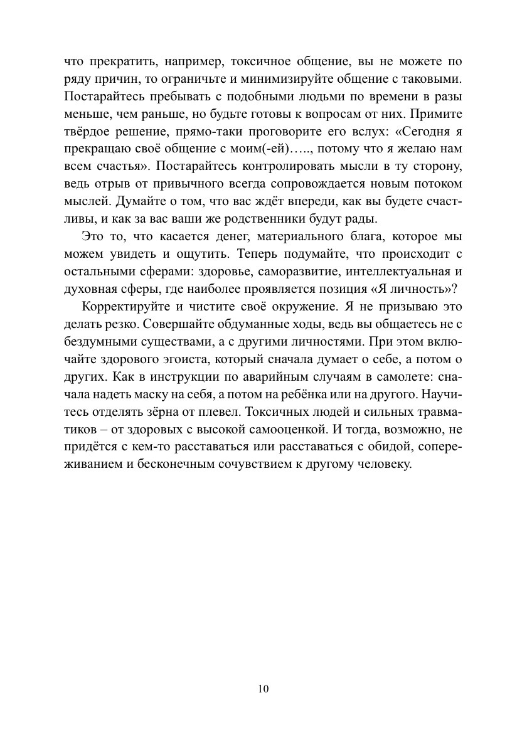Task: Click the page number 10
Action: click(x=263, y=689)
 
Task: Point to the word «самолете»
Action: click(x=392, y=377)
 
